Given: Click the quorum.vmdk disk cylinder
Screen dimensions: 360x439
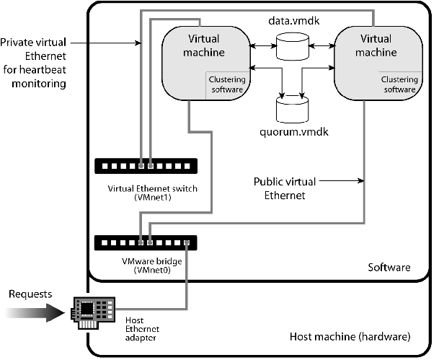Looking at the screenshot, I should point(292,110).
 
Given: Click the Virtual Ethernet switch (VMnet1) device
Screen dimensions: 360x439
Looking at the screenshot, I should point(146,166).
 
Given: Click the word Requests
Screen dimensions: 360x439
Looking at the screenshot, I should point(30,294).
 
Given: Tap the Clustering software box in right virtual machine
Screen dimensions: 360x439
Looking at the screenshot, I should point(399,85).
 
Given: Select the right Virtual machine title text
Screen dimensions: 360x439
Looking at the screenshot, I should point(378,45).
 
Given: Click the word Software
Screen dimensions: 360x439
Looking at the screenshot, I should point(389,268).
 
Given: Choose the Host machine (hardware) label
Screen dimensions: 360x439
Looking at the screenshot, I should point(350,337).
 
